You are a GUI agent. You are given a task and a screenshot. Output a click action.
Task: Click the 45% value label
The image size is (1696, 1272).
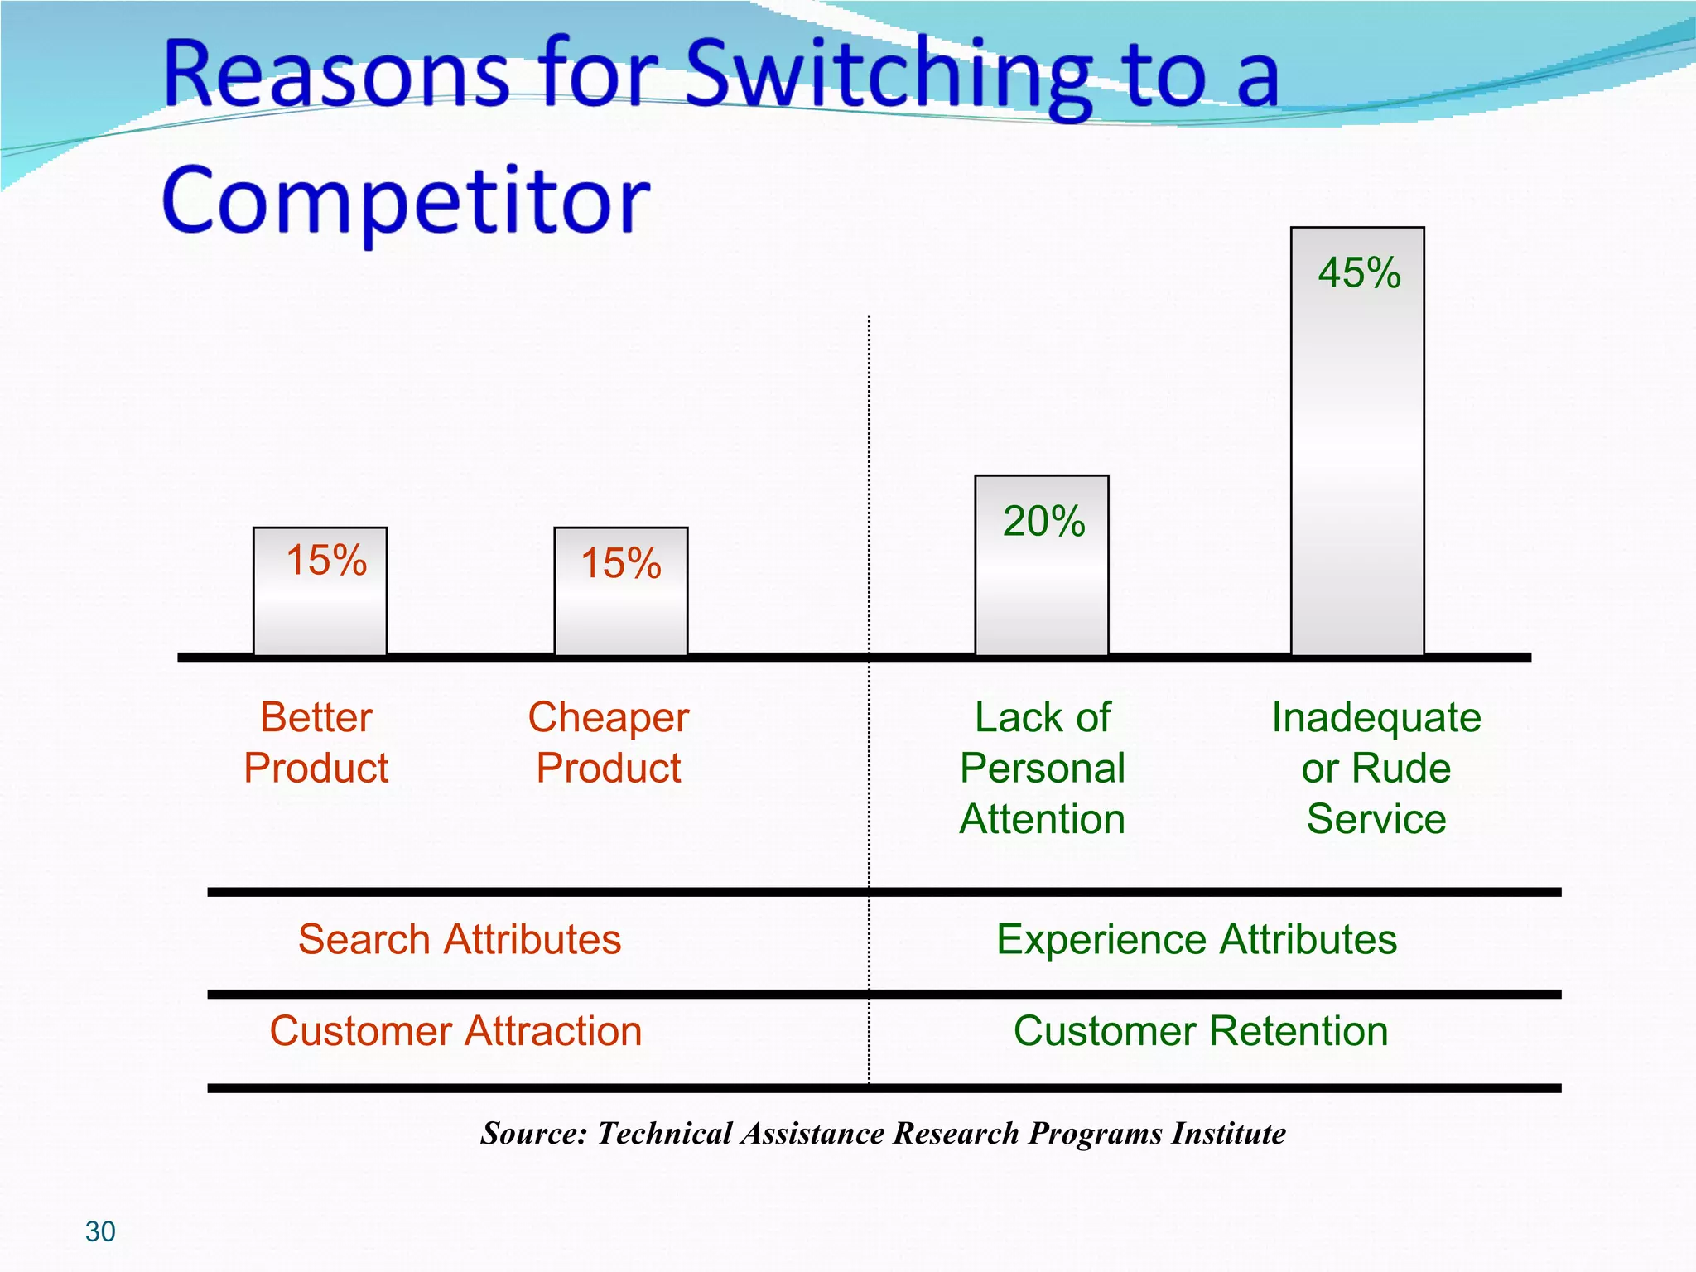1359,272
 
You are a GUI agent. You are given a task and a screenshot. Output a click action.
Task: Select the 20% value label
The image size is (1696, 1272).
1043,522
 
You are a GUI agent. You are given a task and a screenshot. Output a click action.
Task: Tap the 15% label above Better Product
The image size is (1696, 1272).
325,560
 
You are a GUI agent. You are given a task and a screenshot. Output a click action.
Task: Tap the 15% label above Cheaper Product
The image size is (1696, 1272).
621,563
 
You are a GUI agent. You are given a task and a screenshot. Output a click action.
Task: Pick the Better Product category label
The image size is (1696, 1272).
316,742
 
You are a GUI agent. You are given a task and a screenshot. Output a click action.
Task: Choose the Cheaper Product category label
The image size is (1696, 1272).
609,742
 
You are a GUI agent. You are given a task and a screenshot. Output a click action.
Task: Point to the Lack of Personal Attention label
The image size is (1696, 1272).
1043,768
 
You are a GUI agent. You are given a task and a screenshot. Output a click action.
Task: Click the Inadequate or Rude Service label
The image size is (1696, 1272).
1376,768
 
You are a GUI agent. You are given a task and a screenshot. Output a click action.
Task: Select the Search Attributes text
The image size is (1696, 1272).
460,940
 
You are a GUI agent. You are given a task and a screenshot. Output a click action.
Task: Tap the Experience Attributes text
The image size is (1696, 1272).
1197,940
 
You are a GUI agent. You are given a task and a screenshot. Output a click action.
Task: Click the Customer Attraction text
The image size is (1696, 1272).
455,1032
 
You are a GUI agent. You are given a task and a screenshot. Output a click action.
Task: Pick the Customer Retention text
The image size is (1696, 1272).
1201,1032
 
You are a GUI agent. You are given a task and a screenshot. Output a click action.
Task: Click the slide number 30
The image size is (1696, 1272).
100,1232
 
